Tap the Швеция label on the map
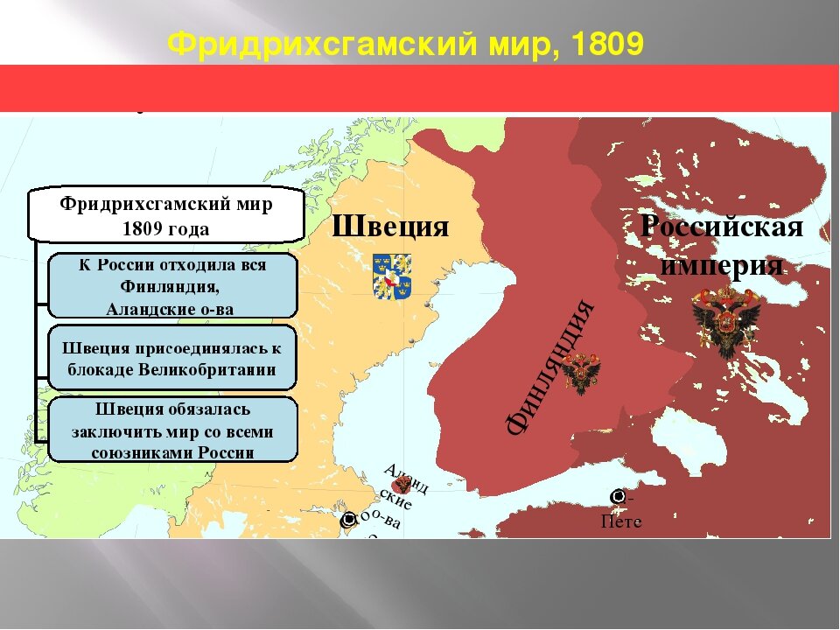390,227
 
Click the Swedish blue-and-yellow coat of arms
392,276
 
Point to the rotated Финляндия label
551,367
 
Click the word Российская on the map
722,227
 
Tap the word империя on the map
722,264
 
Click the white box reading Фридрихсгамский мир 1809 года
166,216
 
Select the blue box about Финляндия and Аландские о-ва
171,286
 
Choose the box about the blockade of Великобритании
171,358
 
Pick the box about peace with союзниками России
171,430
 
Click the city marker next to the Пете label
618,497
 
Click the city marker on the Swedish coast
346,519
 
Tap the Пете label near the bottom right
622,522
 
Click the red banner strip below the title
420,87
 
